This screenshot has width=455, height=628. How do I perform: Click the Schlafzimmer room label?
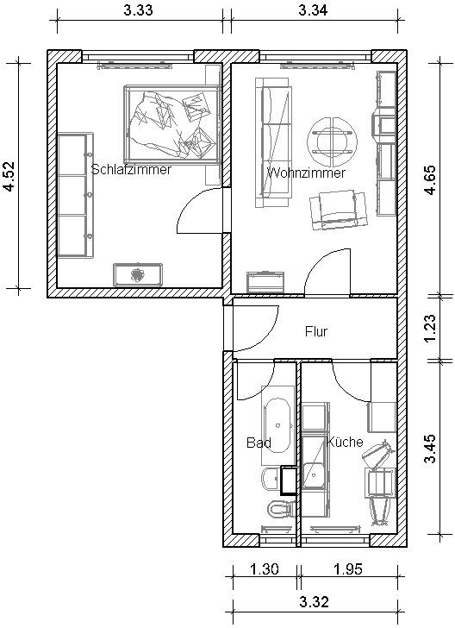pos(131,169)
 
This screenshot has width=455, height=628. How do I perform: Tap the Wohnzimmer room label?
pos(306,173)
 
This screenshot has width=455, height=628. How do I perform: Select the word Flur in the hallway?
pos(315,331)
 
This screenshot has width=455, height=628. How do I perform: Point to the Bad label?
pos(259,443)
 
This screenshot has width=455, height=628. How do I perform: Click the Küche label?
pos(345,442)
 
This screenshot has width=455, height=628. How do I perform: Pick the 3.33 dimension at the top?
pos(138,10)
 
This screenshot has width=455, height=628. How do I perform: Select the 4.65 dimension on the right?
pos(430,179)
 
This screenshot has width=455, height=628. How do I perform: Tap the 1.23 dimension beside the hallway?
pos(430,329)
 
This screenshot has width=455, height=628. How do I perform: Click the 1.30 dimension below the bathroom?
pos(264,568)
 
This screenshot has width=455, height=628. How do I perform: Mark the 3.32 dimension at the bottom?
pos(315,601)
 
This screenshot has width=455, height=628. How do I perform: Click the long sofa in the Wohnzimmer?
pos(273,142)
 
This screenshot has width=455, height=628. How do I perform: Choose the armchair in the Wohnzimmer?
pos(339,210)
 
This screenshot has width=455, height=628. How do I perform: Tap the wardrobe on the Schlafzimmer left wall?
pos(75,195)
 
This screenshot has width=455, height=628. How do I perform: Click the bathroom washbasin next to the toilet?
pos(271,479)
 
